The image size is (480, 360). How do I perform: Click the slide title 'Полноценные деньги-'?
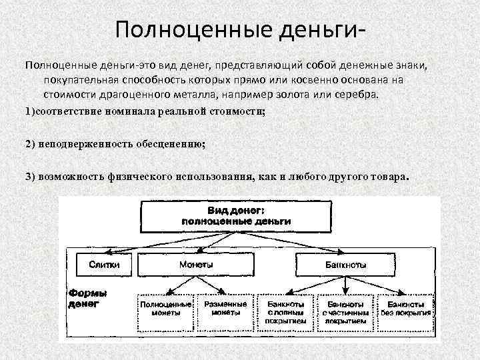pos(240,30)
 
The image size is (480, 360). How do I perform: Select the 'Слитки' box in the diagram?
pos(104,265)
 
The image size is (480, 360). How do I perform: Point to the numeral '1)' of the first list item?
pos(29,111)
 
